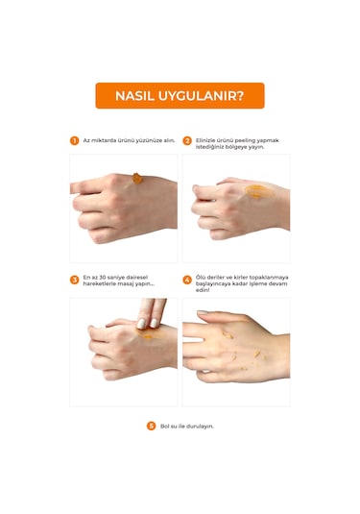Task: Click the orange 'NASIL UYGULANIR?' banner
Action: pyautogui.click(x=180, y=95)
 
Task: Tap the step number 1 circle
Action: pyautogui.click(x=74, y=140)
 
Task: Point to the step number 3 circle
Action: pyautogui.click(x=74, y=281)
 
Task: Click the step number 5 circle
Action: pyautogui.click(x=150, y=426)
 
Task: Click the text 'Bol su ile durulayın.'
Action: pyautogui.click(x=187, y=426)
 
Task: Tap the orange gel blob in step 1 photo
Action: pyautogui.click(x=137, y=178)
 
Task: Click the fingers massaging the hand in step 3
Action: pyautogui.click(x=152, y=312)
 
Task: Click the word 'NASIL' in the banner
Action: pyautogui.click(x=133, y=95)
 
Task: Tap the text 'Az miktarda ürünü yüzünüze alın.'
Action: pyautogui.click(x=129, y=140)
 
